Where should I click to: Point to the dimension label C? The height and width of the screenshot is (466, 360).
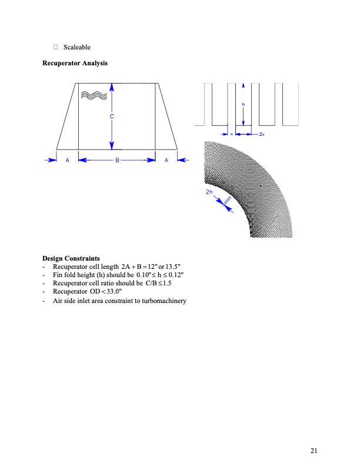[x=112, y=117]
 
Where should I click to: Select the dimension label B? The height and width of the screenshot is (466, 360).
[x=117, y=159]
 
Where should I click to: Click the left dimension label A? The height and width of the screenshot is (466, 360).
[x=68, y=159]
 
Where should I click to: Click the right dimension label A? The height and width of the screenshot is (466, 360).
[x=166, y=159]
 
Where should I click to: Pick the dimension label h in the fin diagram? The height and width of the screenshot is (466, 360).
[x=244, y=105]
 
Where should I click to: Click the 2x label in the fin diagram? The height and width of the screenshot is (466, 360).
[x=262, y=134]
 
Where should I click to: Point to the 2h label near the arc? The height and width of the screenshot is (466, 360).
[x=209, y=192]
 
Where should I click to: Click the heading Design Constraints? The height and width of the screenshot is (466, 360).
[x=71, y=258]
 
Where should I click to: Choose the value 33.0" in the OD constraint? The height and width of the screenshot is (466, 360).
[x=114, y=291]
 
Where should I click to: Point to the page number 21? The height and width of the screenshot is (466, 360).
[x=314, y=451]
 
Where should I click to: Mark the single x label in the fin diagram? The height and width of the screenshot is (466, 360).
[x=232, y=134]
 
